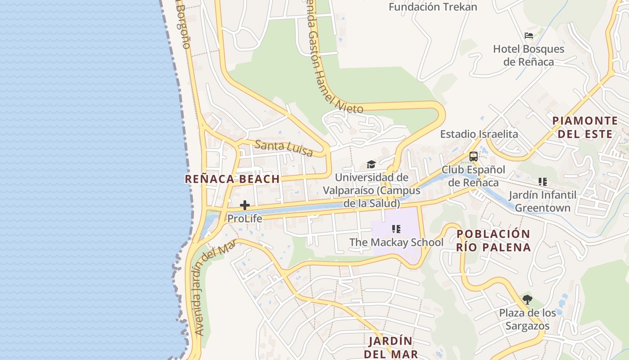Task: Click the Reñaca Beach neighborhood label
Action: tap(232, 179)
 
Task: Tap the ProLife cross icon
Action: tap(245, 206)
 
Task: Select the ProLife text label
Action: tap(244, 219)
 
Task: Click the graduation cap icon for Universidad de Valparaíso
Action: tap(371, 165)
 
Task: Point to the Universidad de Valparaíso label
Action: tap(372, 190)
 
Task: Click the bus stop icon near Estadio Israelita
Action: tap(474, 157)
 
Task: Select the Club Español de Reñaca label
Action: tap(473, 176)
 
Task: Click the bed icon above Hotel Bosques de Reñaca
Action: tap(529, 36)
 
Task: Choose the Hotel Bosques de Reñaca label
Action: tap(528, 55)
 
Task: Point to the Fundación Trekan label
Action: tap(433, 7)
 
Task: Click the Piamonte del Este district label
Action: tap(585, 127)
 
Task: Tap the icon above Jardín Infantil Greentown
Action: tap(543, 182)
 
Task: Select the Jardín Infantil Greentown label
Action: tap(542, 202)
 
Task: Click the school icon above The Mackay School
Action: tap(396, 229)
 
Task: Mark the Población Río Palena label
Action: tap(493, 241)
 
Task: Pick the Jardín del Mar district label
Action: tap(390, 347)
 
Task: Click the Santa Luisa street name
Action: tap(283, 148)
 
